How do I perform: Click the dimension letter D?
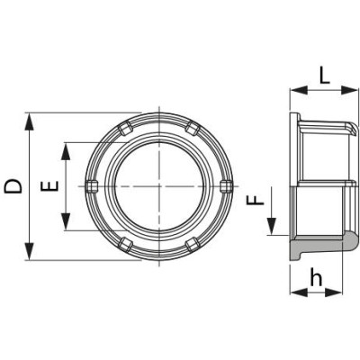pos(13,185)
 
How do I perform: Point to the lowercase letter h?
pos(316,279)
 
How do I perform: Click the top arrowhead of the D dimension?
pos(31,119)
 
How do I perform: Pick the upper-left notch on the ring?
pos(125,129)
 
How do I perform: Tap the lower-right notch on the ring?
pos(192,244)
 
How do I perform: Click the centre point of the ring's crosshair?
pos(158,186)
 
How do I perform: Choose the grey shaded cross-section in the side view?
pos(319,247)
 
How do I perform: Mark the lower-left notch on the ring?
pos(125,244)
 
